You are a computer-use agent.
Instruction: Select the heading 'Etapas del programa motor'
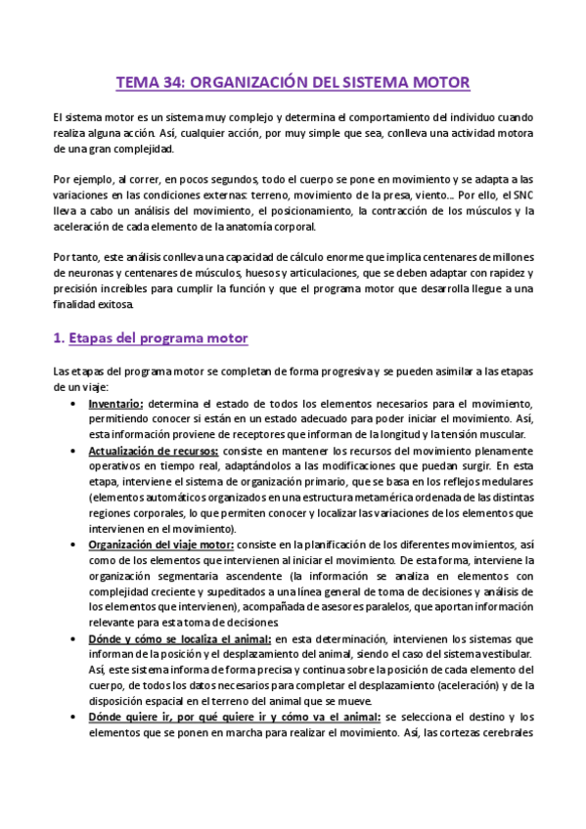tap(156, 338)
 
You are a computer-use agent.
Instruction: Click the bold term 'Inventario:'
tap(115, 404)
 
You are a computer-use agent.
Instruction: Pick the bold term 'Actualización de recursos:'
tap(153, 451)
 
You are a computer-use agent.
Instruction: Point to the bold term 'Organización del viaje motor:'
tap(160, 545)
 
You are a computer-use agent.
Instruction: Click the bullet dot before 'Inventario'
tap(78, 404)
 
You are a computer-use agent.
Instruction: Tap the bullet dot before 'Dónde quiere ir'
tap(78, 717)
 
